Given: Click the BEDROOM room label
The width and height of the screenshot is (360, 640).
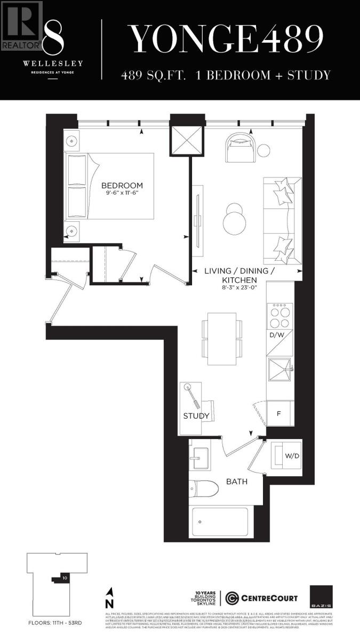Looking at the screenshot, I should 122,186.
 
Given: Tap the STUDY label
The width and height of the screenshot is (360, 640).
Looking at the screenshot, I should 196,416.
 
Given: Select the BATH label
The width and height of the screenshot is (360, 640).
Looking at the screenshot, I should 236,482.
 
